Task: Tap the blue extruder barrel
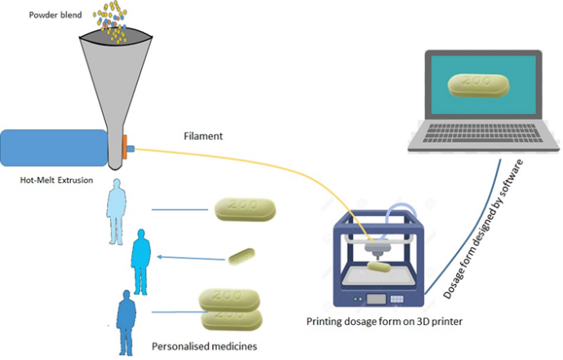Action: pyautogui.click(x=53, y=149)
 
